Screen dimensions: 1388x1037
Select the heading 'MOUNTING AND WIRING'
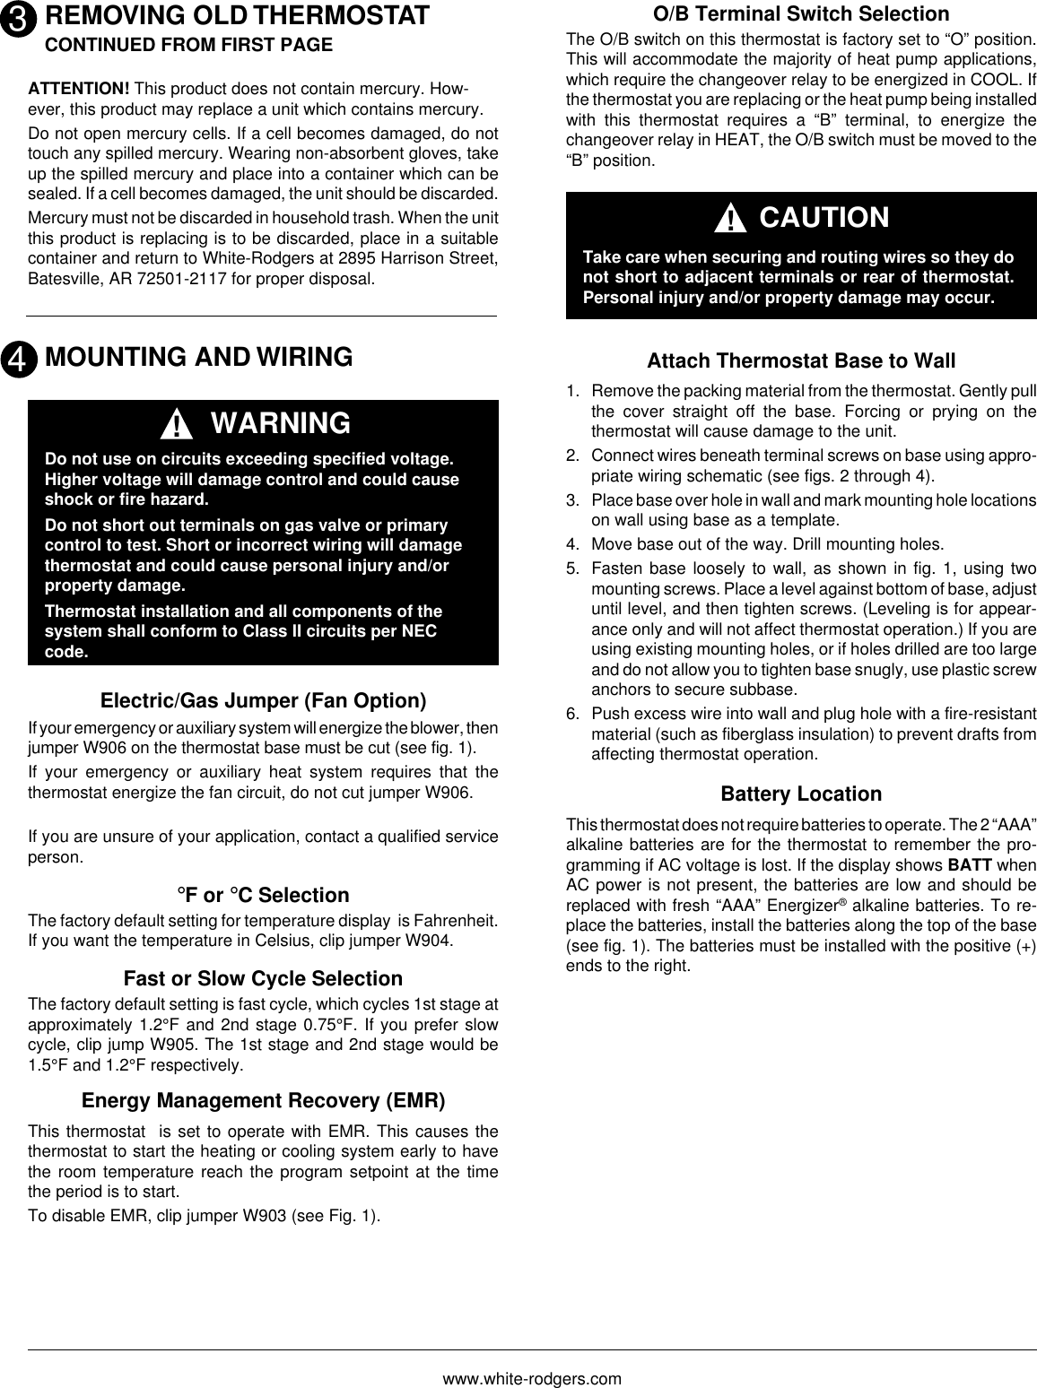(x=198, y=357)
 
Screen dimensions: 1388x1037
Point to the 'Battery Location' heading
(x=801, y=794)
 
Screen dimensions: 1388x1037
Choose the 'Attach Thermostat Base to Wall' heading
(x=801, y=361)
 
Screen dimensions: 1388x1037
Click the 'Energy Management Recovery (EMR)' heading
(x=264, y=1100)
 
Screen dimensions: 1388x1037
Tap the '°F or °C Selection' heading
(x=264, y=895)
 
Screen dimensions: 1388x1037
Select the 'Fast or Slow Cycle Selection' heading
(x=264, y=978)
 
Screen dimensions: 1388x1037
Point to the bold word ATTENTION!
(x=79, y=90)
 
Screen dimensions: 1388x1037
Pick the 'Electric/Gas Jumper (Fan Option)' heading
(x=264, y=699)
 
